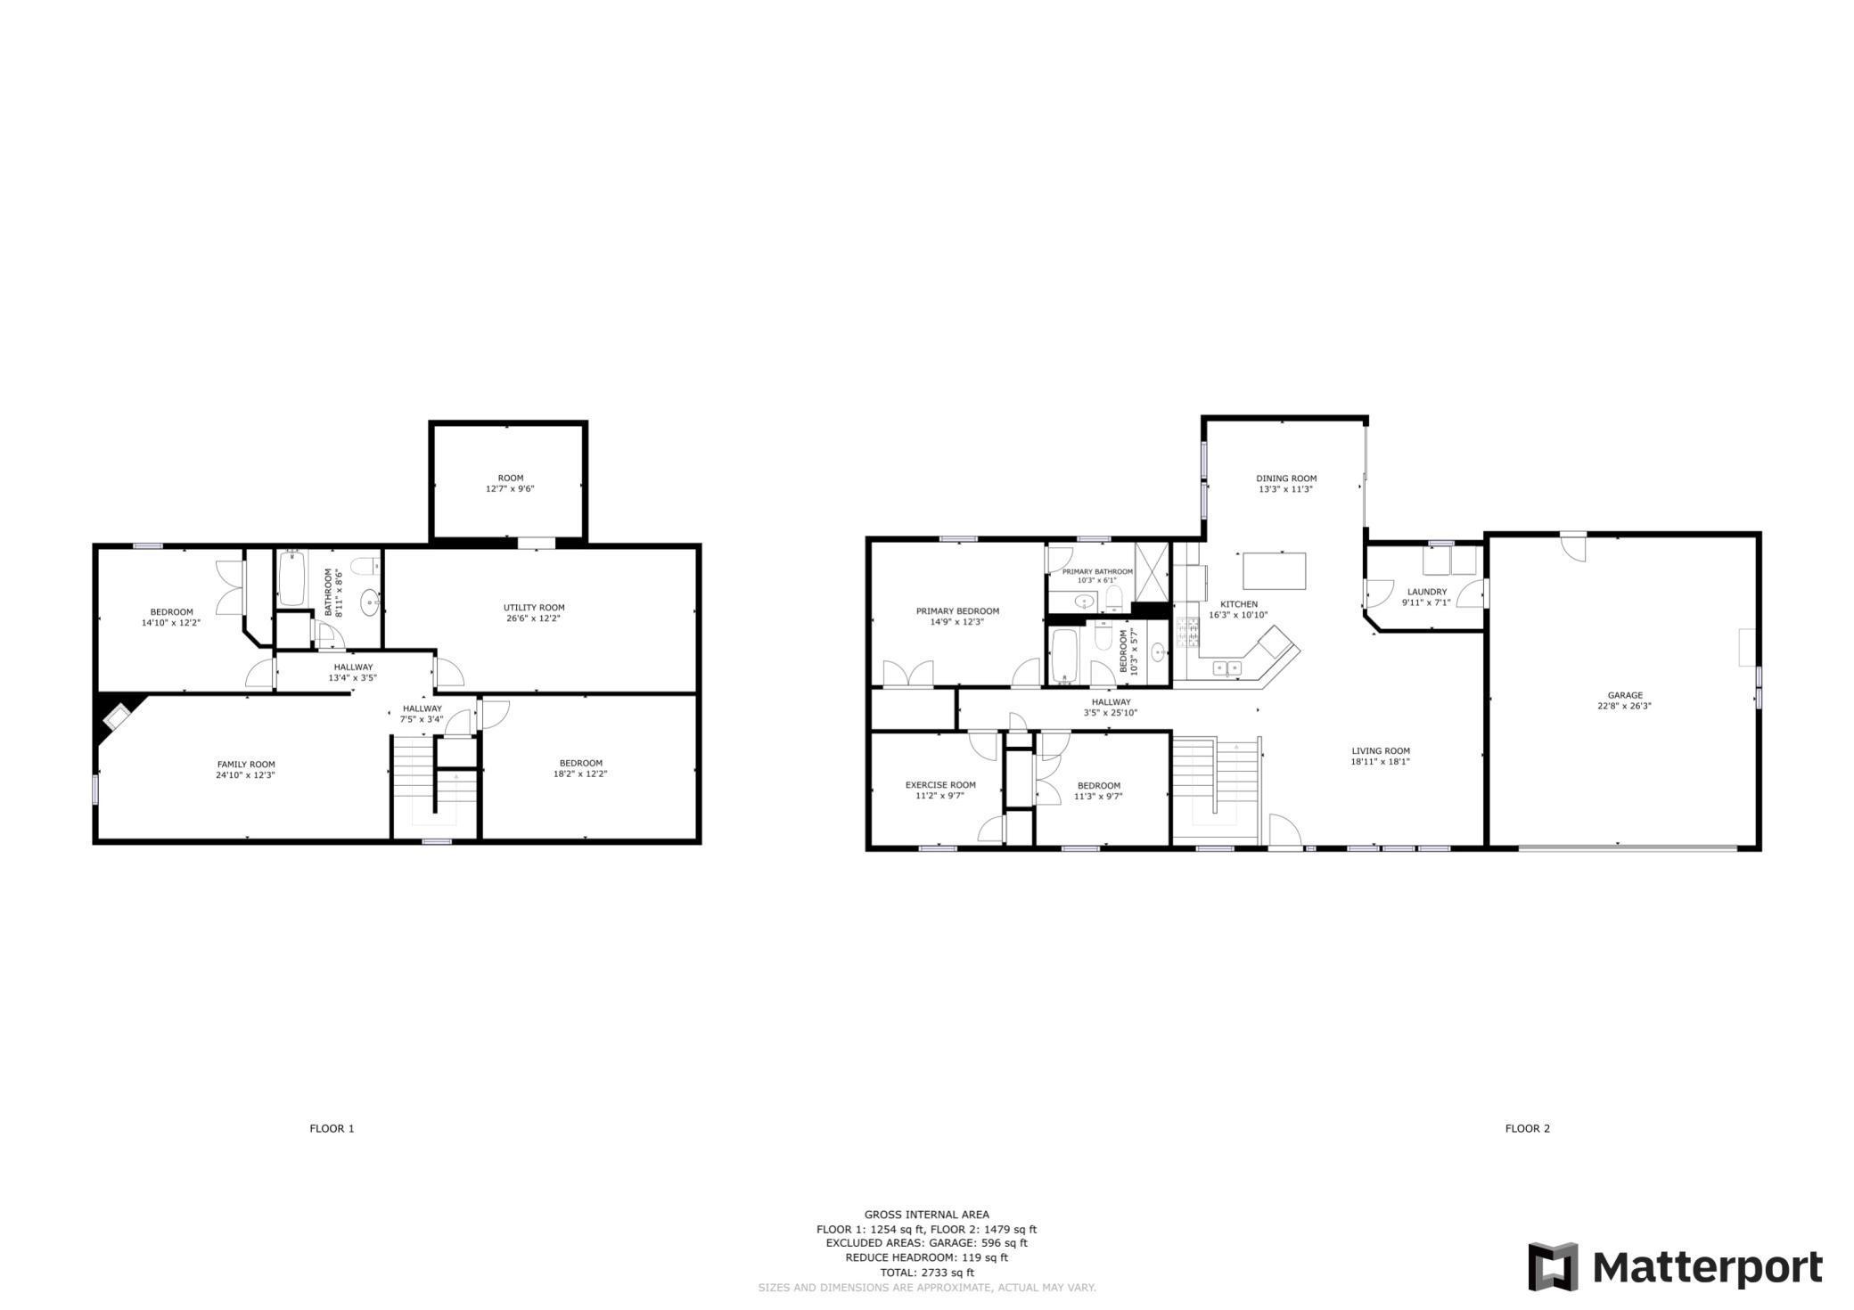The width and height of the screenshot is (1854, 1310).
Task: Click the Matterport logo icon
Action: (x=1553, y=1266)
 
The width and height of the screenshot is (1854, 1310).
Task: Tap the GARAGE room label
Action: (x=1625, y=695)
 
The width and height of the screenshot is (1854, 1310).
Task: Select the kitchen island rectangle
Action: (x=1275, y=571)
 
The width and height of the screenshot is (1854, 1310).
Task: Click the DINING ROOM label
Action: (x=1286, y=479)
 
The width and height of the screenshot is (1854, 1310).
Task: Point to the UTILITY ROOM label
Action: (x=534, y=608)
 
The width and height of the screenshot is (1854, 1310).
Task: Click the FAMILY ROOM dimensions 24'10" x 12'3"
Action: (x=246, y=775)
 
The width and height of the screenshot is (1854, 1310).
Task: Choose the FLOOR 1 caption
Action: (x=332, y=1128)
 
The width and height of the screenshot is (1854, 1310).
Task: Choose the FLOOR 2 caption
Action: (x=1528, y=1128)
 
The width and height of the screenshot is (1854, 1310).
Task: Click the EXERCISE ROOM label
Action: (x=940, y=785)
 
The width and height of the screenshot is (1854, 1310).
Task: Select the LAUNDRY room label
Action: (x=1427, y=592)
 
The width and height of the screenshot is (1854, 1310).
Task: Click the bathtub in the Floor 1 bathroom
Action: (x=291, y=579)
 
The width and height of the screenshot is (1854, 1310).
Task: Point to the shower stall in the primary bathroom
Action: (x=1151, y=572)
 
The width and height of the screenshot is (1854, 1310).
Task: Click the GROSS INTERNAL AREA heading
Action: (x=926, y=1215)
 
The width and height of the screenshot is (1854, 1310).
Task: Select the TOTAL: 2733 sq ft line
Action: (x=926, y=1273)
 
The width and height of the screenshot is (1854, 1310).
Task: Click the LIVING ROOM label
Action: (x=1381, y=751)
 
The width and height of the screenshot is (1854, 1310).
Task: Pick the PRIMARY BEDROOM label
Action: (x=957, y=611)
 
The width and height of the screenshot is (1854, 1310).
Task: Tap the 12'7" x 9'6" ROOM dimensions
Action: (x=510, y=488)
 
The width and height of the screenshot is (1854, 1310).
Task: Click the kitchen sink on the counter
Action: (x=1227, y=667)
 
